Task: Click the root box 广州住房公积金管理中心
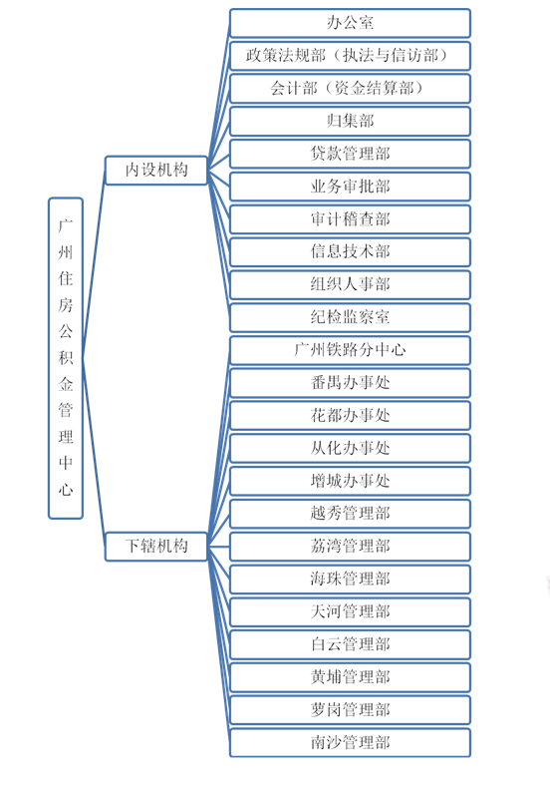[x=66, y=358]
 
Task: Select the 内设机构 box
[x=156, y=171]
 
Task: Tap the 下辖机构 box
[x=156, y=547]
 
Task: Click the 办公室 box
[x=350, y=23]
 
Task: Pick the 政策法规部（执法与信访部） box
[x=350, y=56]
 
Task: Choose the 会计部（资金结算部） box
[x=350, y=89]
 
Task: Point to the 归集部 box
[x=350, y=122]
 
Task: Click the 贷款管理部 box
[x=350, y=154]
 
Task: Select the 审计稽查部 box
[x=350, y=219]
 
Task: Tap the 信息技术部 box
[x=350, y=252]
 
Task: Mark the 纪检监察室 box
[x=350, y=317]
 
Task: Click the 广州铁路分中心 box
[x=350, y=350]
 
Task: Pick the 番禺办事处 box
[x=350, y=383]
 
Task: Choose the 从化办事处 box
[x=350, y=448]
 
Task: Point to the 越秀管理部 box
[x=350, y=514]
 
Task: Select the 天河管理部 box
[x=350, y=612]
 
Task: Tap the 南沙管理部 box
[x=350, y=743]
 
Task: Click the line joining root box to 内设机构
[x=95, y=264]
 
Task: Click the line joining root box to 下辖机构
[x=95, y=452]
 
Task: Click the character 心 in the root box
[x=66, y=489]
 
